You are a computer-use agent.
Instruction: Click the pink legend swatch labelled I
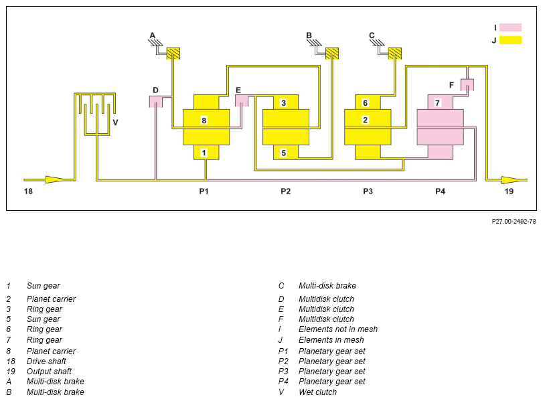point(510,27)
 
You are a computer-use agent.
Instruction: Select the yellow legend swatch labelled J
point(510,40)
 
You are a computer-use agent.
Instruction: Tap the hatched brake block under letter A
point(173,54)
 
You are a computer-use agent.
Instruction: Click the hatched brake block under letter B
point(331,54)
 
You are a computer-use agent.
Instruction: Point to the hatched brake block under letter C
point(395,54)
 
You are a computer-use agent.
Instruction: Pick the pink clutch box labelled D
point(155,102)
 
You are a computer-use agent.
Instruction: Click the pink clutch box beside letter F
point(467,85)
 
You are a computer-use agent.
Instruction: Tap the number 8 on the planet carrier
point(204,121)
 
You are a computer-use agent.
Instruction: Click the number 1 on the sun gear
point(204,153)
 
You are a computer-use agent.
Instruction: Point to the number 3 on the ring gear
point(284,103)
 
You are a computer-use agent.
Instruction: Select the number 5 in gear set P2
point(284,153)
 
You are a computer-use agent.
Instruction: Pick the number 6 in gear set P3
point(365,103)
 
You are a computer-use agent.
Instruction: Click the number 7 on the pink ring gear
point(437,103)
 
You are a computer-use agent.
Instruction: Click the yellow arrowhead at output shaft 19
point(512,180)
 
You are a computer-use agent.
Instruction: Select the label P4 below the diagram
point(440,191)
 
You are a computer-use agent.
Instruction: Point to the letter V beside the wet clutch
point(116,123)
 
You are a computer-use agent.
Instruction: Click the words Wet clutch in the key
point(317,392)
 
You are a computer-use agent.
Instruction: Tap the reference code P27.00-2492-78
point(514,222)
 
